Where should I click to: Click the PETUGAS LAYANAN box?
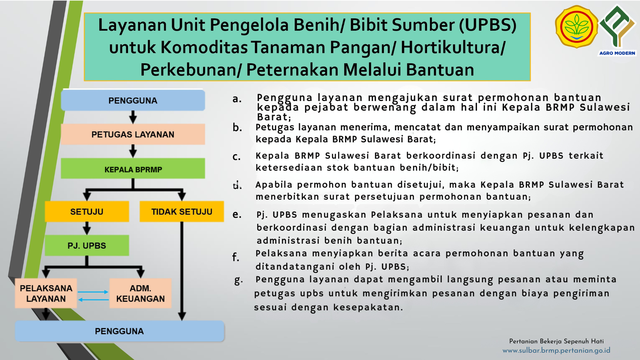pyautogui.click(x=133, y=134)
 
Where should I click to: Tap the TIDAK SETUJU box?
pyautogui.click(x=182, y=211)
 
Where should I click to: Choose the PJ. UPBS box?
pyautogui.click(x=87, y=246)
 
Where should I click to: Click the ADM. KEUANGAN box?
pyautogui.click(x=140, y=293)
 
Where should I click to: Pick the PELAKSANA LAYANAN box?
pyautogui.click(x=46, y=293)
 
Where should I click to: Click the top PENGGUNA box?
pyautogui.click(x=133, y=100)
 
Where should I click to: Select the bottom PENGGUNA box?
pyautogui.click(x=119, y=331)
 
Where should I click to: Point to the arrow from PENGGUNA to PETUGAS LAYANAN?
pyautogui.click(x=133, y=117)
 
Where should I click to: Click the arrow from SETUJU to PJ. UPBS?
pyautogui.click(x=87, y=228)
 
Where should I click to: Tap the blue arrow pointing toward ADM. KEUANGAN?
pyautogui.click(x=93, y=292)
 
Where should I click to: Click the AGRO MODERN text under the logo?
pyautogui.click(x=617, y=53)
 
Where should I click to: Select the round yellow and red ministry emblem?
pyautogui.click(x=576, y=27)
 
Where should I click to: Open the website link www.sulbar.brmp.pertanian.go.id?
pyautogui.click(x=556, y=350)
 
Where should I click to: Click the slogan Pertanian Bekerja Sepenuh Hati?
pyautogui.click(x=556, y=341)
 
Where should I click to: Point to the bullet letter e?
pyautogui.click(x=237, y=214)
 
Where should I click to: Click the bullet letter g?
pyautogui.click(x=238, y=281)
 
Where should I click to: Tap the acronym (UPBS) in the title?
pyautogui.click(x=488, y=25)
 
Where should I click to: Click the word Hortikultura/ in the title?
pyautogui.click(x=453, y=47)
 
